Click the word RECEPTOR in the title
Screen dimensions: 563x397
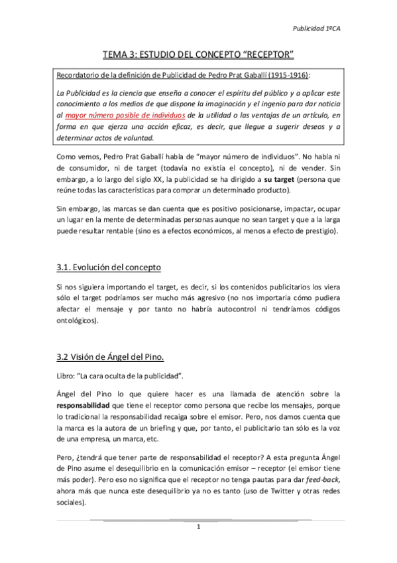(266, 53)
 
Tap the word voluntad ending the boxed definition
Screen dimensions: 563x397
(136, 138)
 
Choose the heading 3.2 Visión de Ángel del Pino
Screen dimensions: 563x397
(109, 357)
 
